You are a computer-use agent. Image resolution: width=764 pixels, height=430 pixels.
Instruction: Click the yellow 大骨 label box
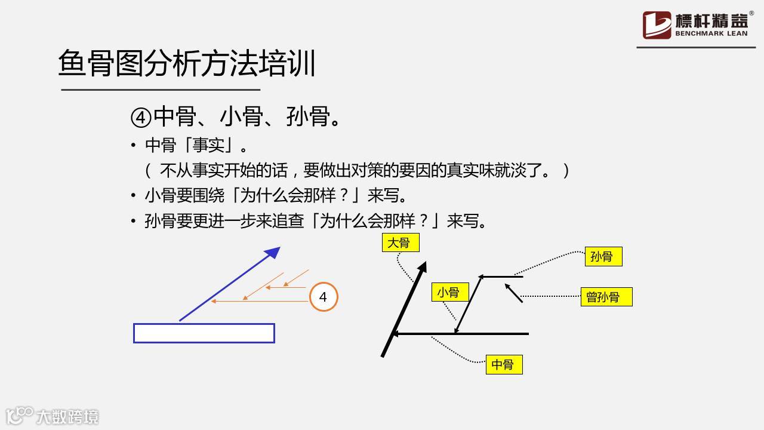click(401, 242)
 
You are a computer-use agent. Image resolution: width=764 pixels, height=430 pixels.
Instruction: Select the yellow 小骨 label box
click(449, 292)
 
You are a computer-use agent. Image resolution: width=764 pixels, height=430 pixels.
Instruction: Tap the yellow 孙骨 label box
click(603, 257)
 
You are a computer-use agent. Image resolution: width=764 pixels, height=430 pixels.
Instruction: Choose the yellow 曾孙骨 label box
click(606, 297)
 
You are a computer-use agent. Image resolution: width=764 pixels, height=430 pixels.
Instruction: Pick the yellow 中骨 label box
click(504, 364)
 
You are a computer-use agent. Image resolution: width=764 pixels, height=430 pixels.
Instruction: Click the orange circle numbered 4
click(324, 297)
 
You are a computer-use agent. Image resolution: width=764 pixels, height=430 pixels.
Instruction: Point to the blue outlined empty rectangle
click(204, 333)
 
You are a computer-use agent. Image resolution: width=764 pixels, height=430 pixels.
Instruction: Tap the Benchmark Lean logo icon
click(657, 25)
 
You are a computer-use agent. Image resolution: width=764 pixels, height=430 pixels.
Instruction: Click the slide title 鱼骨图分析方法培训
click(187, 64)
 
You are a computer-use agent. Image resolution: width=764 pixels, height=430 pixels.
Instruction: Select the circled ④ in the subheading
click(141, 117)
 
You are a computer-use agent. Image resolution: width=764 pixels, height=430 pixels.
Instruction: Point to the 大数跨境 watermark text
click(67, 416)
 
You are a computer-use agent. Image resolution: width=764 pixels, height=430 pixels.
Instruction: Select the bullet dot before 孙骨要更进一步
click(134, 222)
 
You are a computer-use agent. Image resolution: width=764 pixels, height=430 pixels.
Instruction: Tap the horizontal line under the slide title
click(161, 90)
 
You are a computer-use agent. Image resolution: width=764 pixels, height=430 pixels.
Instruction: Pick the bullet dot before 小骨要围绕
click(134, 196)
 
